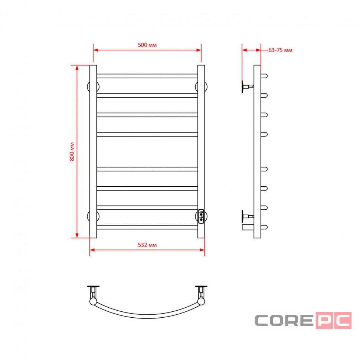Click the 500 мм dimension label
click(x=147, y=45)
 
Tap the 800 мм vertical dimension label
click(x=72, y=151)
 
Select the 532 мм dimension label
click(x=147, y=245)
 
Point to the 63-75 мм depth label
click(x=280, y=50)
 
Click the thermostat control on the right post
click(x=201, y=216)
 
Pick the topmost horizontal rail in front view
click(x=147, y=76)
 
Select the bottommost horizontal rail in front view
click(x=147, y=227)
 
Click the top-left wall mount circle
click(x=88, y=87)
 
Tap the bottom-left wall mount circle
click(x=88, y=216)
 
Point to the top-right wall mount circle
click(x=206, y=87)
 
